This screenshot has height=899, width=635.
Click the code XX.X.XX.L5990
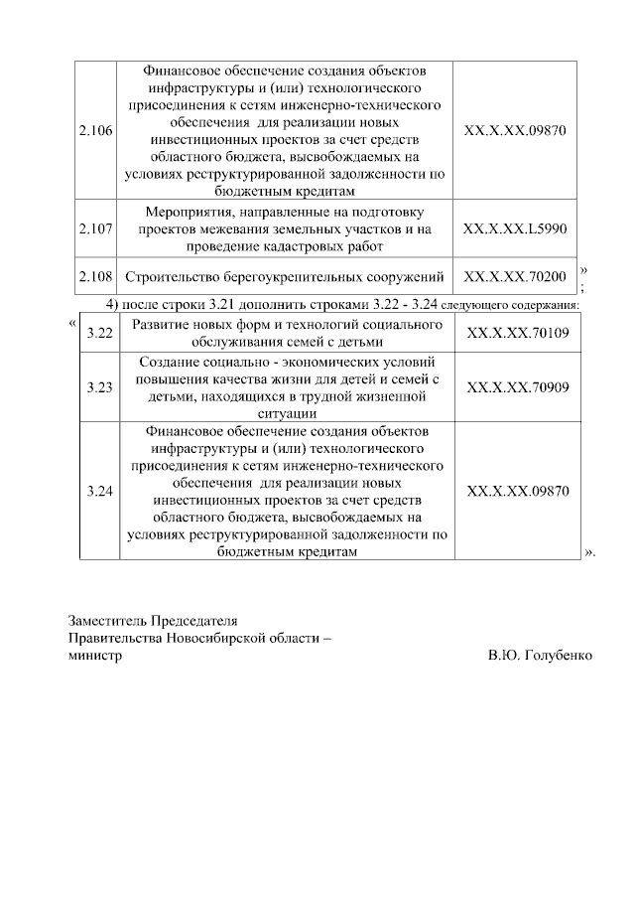[x=515, y=228]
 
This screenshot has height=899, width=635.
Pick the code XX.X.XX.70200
[x=515, y=276]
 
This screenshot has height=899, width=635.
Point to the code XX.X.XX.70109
[x=517, y=333]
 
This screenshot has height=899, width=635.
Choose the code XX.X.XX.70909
[x=517, y=387]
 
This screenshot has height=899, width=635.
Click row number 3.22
[x=99, y=333]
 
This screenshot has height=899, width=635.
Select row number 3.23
[x=99, y=387]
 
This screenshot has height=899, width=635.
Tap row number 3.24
[x=99, y=491]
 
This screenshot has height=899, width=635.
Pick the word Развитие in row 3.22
[x=161, y=325]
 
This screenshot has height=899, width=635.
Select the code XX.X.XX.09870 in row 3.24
[x=517, y=491]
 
